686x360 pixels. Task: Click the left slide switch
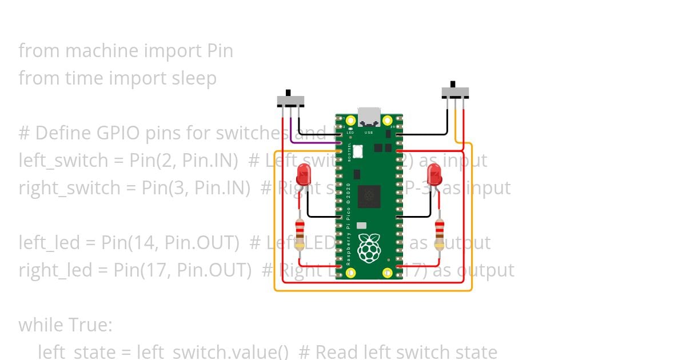pos(290,101)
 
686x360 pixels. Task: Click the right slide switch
pos(456,91)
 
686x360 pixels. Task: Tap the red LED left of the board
pos(303,174)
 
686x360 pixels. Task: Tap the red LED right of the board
pos(434,174)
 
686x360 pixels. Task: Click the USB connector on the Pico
pos(369,117)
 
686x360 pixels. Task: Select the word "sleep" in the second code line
pos(194,78)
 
